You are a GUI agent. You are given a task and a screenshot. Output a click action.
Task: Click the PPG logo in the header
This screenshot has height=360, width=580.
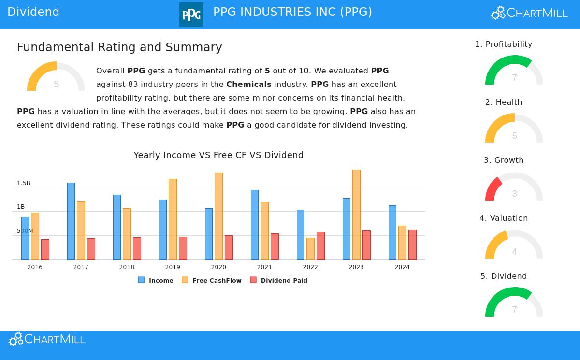(x=191, y=14)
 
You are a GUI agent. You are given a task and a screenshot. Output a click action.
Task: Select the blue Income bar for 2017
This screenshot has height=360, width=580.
(x=71, y=221)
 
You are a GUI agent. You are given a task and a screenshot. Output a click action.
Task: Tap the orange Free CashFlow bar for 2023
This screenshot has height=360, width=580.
(x=356, y=215)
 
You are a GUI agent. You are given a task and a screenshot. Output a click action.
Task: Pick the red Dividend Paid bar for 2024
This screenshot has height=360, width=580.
(x=412, y=245)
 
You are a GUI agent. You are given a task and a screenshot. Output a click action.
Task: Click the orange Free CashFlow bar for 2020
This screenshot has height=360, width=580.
(x=218, y=216)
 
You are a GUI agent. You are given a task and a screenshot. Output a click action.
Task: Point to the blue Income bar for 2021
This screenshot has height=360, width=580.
(x=255, y=225)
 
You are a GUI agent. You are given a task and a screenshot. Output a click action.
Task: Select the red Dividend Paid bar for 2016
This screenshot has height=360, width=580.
(x=45, y=249)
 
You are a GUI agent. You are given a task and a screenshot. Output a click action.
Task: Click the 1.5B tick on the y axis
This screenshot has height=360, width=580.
(x=24, y=183)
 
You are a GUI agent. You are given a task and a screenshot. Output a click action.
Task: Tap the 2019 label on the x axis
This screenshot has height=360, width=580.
(x=173, y=267)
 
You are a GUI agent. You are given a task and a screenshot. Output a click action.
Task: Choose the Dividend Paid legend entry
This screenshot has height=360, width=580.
(x=284, y=280)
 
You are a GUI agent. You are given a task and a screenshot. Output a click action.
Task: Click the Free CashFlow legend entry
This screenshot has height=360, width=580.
(x=217, y=280)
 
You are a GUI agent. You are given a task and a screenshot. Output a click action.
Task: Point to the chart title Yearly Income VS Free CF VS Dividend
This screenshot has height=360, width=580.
(x=218, y=155)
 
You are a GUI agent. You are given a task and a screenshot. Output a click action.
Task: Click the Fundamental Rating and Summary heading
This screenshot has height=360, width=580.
(x=119, y=47)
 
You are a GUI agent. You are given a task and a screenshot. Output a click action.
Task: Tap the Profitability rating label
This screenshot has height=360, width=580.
(x=504, y=44)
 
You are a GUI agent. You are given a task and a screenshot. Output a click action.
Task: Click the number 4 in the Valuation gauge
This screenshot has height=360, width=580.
(x=514, y=252)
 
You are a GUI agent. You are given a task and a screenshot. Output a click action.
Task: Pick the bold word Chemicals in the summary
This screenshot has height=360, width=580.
(x=249, y=85)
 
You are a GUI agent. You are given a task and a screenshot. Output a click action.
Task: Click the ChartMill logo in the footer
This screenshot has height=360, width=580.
(x=47, y=339)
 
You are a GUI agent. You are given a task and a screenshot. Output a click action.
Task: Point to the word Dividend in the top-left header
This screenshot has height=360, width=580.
(x=33, y=12)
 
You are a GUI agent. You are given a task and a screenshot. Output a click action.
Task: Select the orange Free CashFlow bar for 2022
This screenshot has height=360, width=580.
(x=310, y=248)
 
